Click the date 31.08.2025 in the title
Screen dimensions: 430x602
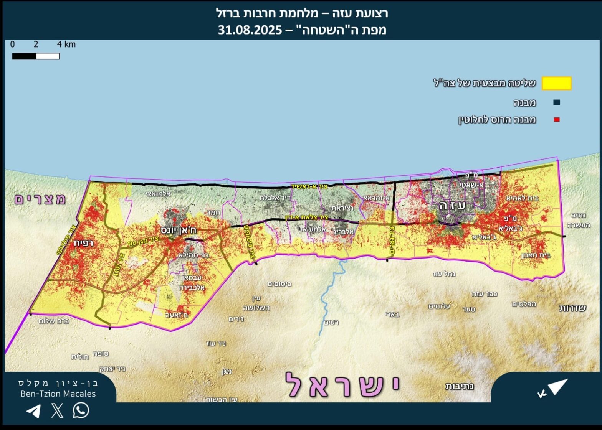pyautogui.click(x=250, y=30)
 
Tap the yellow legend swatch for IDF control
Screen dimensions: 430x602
pyautogui.click(x=556, y=83)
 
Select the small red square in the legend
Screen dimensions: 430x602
pyautogui.click(x=556, y=120)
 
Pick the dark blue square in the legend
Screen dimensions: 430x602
pyautogui.click(x=556, y=102)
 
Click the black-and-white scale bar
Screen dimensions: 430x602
pyautogui.click(x=36, y=56)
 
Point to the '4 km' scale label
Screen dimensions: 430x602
pyautogui.click(x=66, y=44)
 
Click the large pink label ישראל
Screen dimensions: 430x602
pyautogui.click(x=342, y=385)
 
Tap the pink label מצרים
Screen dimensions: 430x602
pyautogui.click(x=40, y=199)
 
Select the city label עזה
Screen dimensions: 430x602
pyautogui.click(x=453, y=206)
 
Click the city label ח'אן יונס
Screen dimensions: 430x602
pyautogui.click(x=179, y=230)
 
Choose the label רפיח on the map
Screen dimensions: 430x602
pyautogui.click(x=83, y=243)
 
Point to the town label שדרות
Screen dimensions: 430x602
pyautogui.click(x=572, y=308)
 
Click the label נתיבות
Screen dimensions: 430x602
pyautogui.click(x=459, y=386)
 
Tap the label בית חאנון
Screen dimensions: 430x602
pyautogui.click(x=536, y=255)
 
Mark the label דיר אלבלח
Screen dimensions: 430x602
pyautogui.click(x=275, y=198)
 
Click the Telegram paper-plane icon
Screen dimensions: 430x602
pyautogui.click(x=33, y=411)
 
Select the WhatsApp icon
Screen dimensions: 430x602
pyautogui.click(x=81, y=410)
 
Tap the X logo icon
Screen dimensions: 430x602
pyautogui.click(x=57, y=410)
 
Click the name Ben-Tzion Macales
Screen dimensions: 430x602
pyautogui.click(x=58, y=394)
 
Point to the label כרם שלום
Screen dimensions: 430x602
pyautogui.click(x=54, y=321)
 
